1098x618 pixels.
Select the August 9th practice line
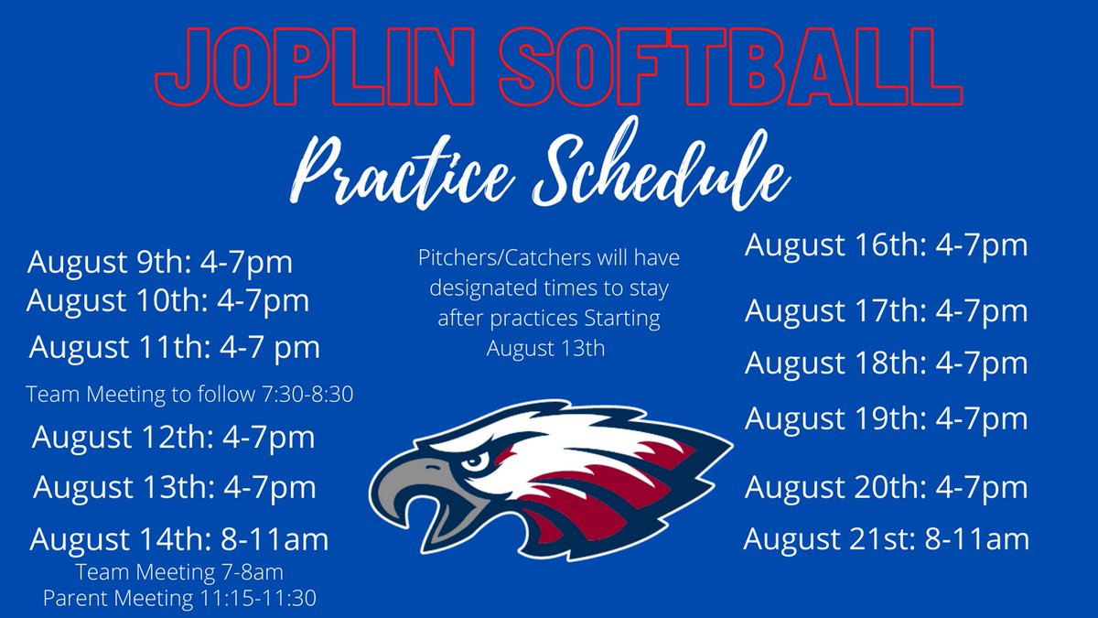160,263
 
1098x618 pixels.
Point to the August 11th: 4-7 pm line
175,348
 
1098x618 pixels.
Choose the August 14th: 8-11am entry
179,539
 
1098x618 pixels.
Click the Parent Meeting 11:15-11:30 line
179,598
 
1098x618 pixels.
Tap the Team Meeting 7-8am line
179,574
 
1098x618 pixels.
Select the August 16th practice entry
886,245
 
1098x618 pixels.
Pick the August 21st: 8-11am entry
886,538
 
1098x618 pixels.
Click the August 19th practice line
886,418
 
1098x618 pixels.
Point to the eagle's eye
473,461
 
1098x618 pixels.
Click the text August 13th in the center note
545,349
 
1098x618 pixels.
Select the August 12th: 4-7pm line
174,437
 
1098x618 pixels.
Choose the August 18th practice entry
886,363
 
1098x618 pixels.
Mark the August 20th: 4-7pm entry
886,487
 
